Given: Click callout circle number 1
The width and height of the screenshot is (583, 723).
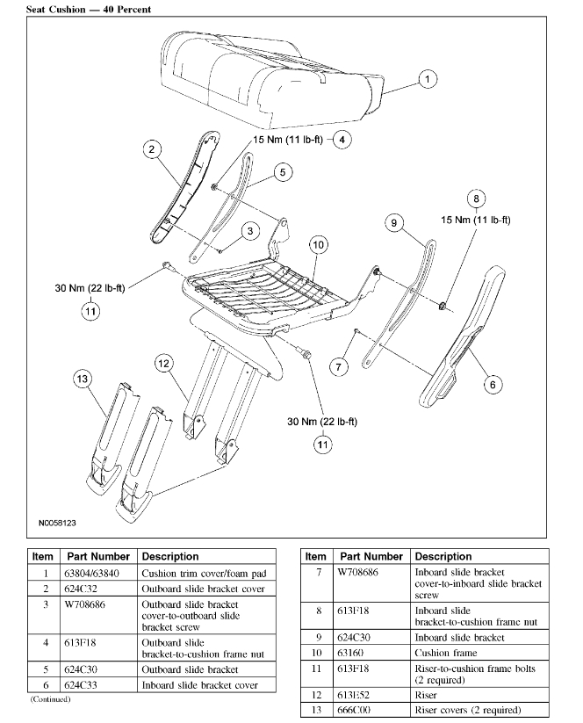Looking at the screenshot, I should (x=426, y=80).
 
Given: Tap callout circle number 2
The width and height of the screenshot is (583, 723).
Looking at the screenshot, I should (x=152, y=150).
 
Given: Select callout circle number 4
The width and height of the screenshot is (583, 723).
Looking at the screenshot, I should (x=342, y=140).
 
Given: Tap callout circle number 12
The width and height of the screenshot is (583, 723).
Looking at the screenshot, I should (x=162, y=362).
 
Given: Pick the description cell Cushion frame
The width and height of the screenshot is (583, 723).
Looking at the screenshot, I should (x=446, y=654).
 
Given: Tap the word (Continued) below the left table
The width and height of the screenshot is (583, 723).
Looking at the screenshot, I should (x=49, y=699).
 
